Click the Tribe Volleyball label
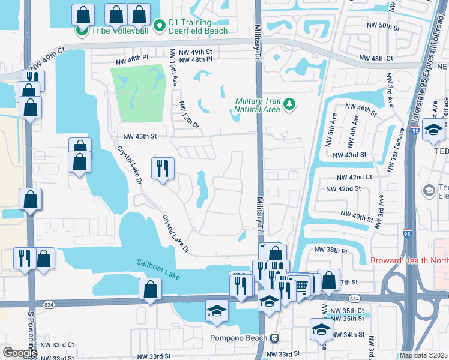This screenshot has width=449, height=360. [119, 31]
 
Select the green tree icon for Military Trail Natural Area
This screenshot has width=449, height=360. [289, 105]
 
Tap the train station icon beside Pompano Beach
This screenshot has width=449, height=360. [274, 338]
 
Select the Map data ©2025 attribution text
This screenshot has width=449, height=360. [423, 355]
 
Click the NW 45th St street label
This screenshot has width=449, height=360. [140, 136]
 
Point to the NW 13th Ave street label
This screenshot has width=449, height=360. [173, 67]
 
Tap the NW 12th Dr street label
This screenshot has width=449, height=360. [188, 113]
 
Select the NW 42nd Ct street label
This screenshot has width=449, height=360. [354, 178]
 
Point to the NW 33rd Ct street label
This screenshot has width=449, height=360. [58, 344]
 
